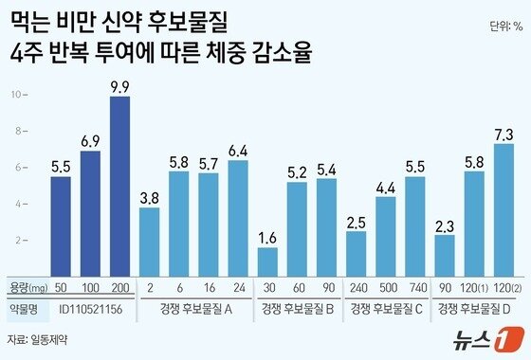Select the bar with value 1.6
coord(267,261)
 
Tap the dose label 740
coord(415,287)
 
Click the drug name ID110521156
coord(89,308)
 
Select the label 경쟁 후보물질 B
coord(297,308)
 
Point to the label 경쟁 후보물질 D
coord(474,308)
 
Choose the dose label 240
coord(357,287)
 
